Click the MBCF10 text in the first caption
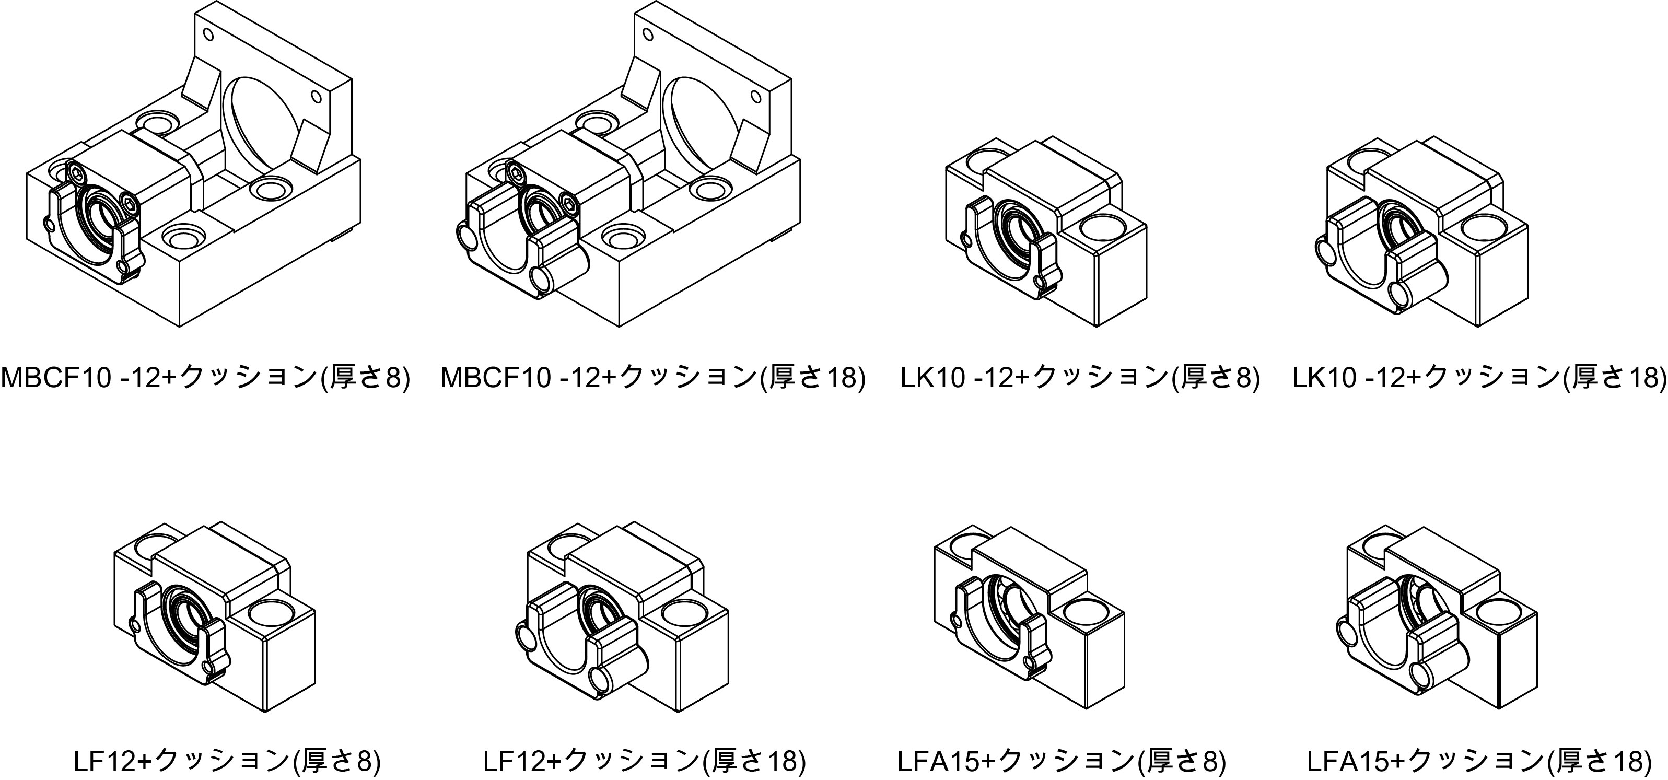coord(55,378)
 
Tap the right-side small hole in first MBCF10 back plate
coord(316,97)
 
